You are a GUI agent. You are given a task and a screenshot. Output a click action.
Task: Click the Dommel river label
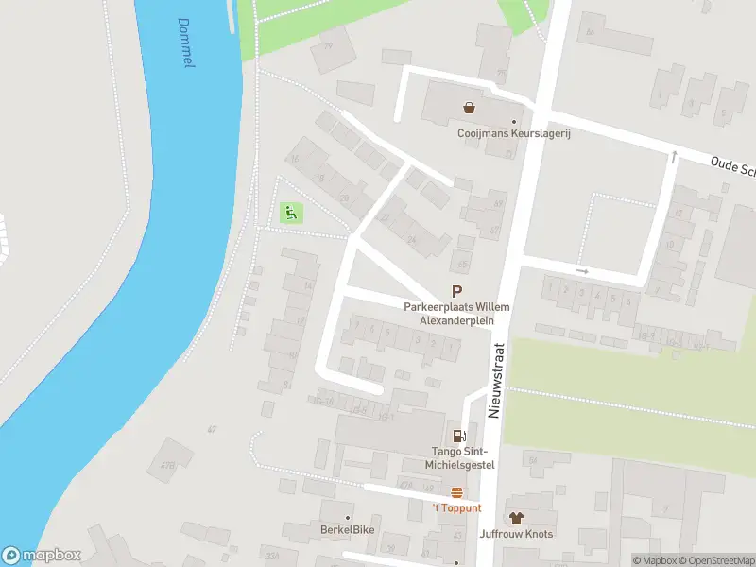(x=186, y=43)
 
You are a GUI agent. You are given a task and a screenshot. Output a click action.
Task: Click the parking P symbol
(x=457, y=293)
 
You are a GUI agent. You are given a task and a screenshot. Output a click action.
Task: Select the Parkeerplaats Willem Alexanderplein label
(x=456, y=314)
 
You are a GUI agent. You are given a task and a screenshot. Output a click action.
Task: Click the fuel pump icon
(x=459, y=436)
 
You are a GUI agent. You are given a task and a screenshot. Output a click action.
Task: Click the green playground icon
(x=292, y=214)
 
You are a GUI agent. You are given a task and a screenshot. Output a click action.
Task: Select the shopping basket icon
(x=469, y=108)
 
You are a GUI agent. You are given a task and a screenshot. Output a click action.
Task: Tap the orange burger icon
(x=457, y=491)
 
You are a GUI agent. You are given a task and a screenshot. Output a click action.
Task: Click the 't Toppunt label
(x=456, y=508)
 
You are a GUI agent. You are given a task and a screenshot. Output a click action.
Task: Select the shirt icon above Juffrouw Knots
(x=516, y=517)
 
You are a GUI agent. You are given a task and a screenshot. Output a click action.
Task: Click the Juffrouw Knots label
(x=516, y=534)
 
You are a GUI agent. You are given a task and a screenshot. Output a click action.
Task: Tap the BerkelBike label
(x=347, y=529)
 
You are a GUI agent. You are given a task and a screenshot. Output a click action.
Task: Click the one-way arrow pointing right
(x=582, y=271)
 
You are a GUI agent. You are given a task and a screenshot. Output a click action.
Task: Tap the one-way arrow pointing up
(x=674, y=156)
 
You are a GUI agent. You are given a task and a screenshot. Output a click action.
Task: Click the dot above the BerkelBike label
(x=347, y=517)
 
